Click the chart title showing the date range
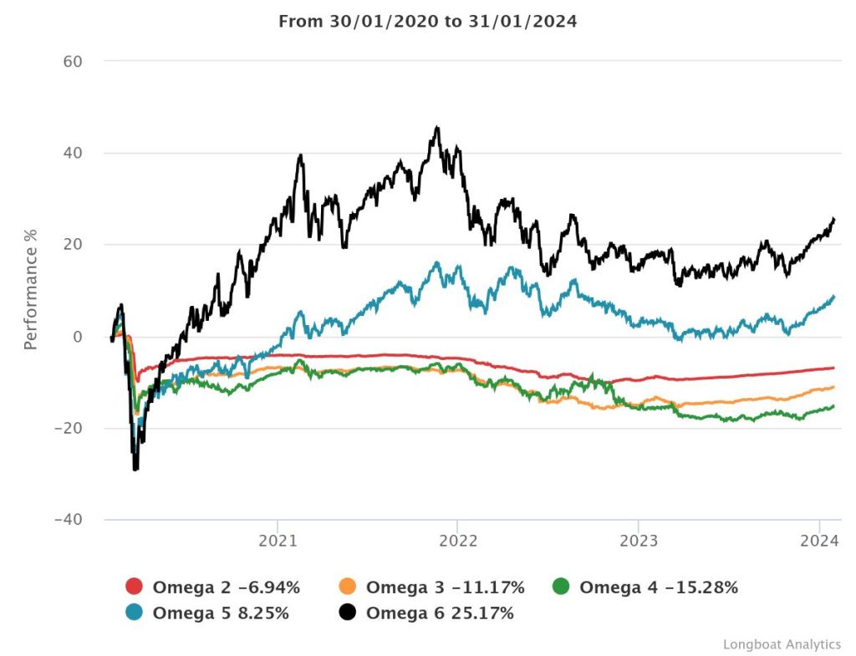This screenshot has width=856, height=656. pos(427,22)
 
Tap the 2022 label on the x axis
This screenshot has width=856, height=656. pos(457,542)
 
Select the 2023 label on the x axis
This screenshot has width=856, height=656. pos(638,542)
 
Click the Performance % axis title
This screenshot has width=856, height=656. pos(31,291)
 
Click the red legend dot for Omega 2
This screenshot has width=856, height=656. pos(135,587)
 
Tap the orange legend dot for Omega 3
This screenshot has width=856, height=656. pos(348,587)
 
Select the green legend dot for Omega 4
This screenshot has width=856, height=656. pos(562,587)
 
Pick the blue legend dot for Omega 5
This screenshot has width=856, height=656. pos(135,613)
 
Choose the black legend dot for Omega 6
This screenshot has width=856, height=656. pos(348,613)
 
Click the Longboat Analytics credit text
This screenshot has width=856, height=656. pos(782,643)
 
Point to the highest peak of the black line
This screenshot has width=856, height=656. pos(437,127)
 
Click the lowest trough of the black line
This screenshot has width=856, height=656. pos(135,470)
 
